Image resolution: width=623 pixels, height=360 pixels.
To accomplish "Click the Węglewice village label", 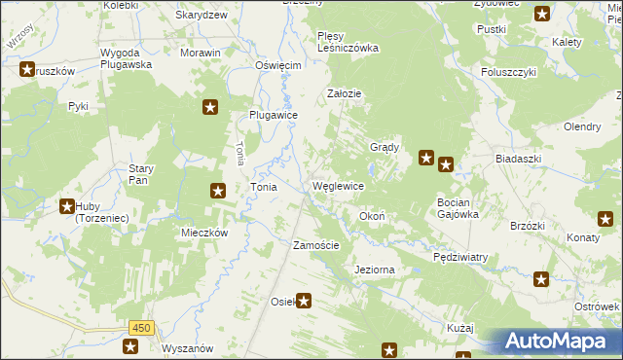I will [338, 186].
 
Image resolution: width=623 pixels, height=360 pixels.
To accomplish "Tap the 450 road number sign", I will [140, 328].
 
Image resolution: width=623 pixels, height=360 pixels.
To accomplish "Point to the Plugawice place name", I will [273, 114].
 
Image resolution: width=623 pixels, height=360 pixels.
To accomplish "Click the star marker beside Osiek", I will [304, 302].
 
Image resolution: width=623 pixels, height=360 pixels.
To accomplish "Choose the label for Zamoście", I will [316, 245].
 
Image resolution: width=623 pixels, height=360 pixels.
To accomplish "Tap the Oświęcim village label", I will [278, 65].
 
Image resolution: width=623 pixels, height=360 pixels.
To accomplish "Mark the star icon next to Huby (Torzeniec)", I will [67, 206].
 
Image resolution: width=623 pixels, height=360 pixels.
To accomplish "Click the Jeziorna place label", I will [376, 269].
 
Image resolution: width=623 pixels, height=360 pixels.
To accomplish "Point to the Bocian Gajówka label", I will [458, 208].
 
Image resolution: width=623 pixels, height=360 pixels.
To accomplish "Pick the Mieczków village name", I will [204, 234].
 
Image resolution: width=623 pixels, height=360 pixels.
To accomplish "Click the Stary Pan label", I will [141, 174].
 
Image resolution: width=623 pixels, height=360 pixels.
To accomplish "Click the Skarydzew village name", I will [202, 16].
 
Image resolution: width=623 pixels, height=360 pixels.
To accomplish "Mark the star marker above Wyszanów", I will [131, 345].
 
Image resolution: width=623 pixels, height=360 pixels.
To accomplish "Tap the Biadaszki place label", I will [517, 157].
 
